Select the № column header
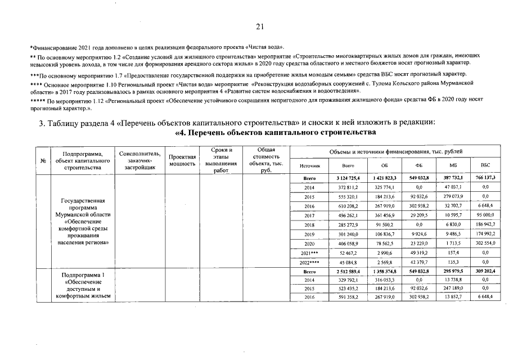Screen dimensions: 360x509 point(43,160)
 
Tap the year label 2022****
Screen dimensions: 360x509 point(309,262)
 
